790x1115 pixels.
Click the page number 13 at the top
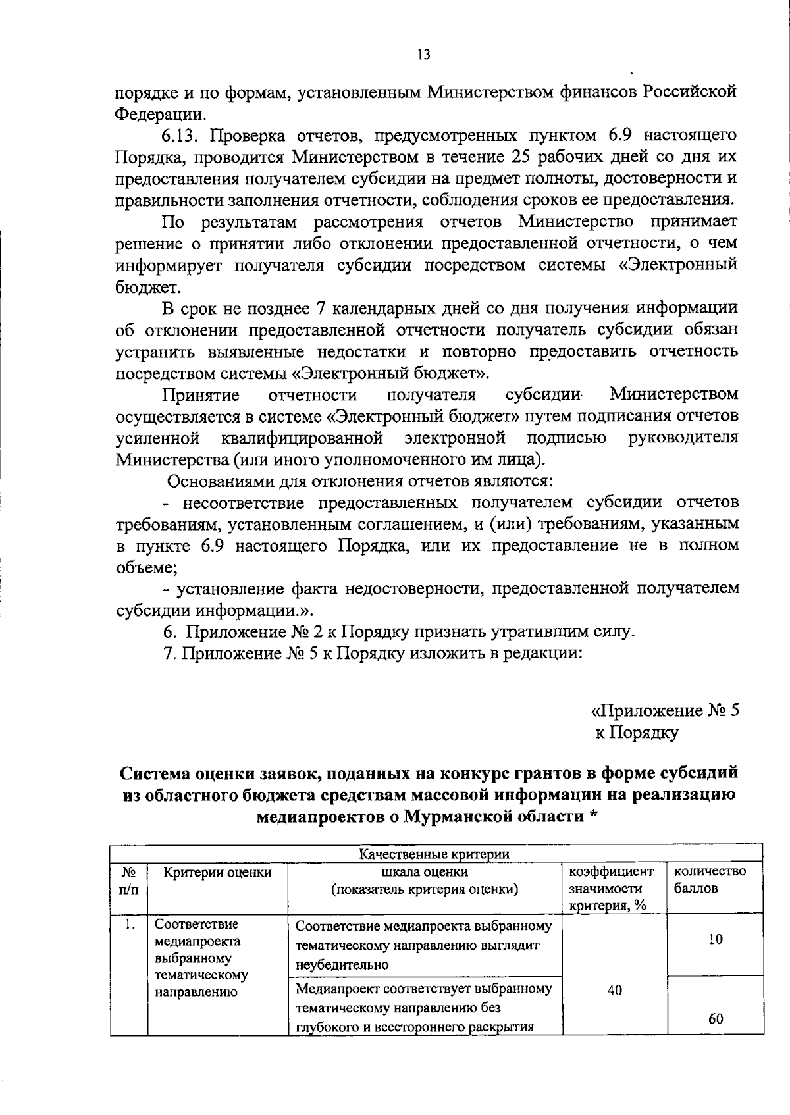[x=424, y=55]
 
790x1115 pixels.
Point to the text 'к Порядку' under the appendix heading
[x=637, y=732]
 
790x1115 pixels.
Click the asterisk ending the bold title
[x=594, y=816]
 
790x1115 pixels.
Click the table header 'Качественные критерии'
[x=434, y=854]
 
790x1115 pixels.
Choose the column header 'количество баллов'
[x=710, y=879]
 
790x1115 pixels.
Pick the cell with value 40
[x=615, y=990]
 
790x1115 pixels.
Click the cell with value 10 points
[x=716, y=939]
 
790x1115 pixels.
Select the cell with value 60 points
[x=716, y=1019]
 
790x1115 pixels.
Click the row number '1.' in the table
[x=128, y=925]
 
